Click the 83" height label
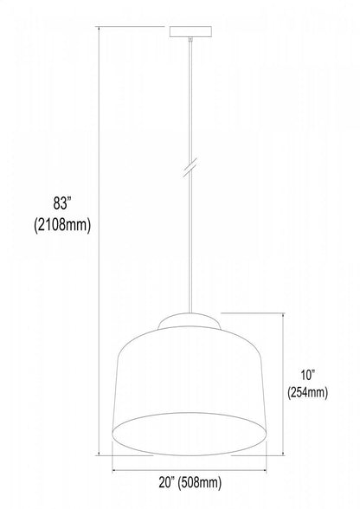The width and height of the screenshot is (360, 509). click(61, 205)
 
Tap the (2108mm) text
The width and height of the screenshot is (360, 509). click(61, 225)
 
